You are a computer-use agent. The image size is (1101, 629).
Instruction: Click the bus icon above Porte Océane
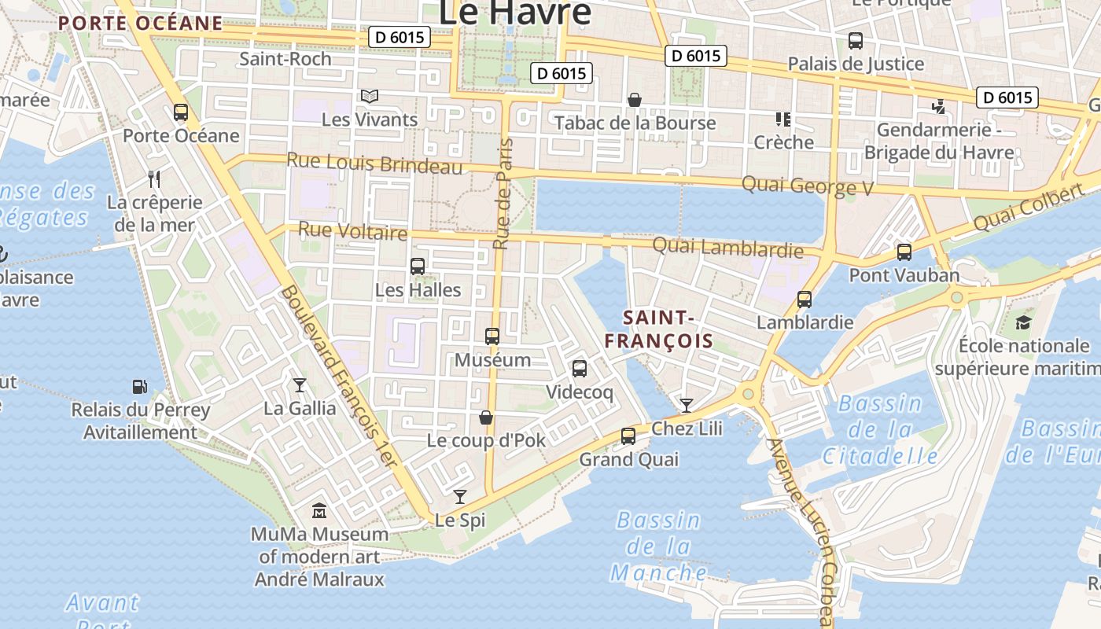[x=181, y=112]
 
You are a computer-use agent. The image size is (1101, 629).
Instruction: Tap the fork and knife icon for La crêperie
[x=154, y=179]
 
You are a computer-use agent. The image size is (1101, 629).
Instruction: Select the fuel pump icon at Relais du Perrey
[x=140, y=387]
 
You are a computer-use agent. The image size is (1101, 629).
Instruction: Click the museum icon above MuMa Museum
[x=319, y=511]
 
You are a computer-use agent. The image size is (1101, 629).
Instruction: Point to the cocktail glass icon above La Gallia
[x=299, y=384]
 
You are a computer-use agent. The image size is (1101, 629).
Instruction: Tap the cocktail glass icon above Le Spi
[x=460, y=497]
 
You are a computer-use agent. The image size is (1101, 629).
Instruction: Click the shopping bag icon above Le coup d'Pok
[x=486, y=417]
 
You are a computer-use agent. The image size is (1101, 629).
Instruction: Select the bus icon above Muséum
[x=492, y=337]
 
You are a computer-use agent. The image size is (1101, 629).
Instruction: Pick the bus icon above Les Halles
[x=418, y=267]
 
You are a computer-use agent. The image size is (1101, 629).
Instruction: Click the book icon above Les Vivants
[x=370, y=96]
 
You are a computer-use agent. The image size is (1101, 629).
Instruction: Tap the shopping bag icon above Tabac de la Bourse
[x=635, y=100]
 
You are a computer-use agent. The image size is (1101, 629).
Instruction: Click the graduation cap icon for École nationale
[x=1023, y=322]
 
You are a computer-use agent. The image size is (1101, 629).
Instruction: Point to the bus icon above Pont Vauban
[x=904, y=252]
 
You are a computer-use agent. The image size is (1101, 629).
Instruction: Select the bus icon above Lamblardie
[x=804, y=300]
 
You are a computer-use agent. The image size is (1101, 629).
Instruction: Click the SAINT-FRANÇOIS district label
[x=668, y=329]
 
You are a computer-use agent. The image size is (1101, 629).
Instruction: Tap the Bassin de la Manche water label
[x=659, y=546]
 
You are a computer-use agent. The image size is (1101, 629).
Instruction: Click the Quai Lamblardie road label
[x=727, y=248]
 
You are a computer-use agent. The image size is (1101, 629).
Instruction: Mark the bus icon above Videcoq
[x=580, y=368]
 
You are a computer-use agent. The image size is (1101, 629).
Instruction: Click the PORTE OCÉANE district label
[x=141, y=23]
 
